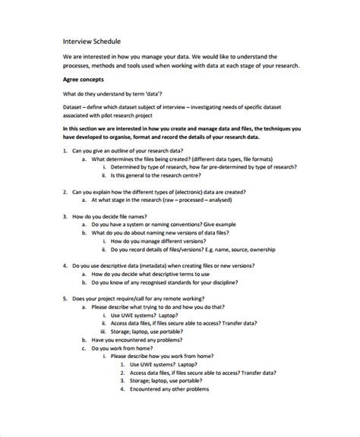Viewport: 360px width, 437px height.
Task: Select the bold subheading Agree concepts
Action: coord(84,79)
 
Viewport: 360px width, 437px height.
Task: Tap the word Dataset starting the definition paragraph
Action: coord(75,108)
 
